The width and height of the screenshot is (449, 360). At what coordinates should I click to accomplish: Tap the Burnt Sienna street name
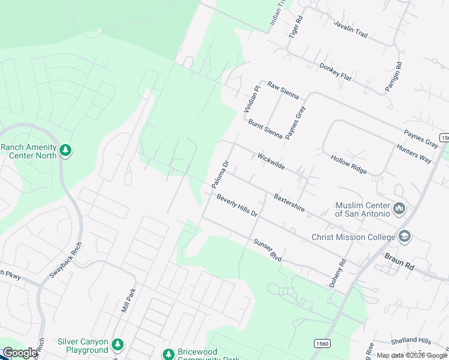pos(265,128)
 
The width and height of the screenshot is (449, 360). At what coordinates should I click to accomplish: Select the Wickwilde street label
pos(271,161)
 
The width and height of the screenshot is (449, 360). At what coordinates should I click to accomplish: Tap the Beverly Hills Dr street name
pos(237,206)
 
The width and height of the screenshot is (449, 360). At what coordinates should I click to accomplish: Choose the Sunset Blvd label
pos(268,250)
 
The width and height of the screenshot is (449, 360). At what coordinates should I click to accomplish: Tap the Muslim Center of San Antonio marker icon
pos(399,209)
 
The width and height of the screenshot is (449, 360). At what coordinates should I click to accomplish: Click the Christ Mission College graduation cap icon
pos(404,236)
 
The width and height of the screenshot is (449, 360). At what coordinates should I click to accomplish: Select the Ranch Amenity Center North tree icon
pos(66,150)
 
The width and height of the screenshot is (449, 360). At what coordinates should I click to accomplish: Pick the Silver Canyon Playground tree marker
pos(118,344)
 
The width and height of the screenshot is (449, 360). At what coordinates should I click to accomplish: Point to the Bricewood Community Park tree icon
pos(169,354)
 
